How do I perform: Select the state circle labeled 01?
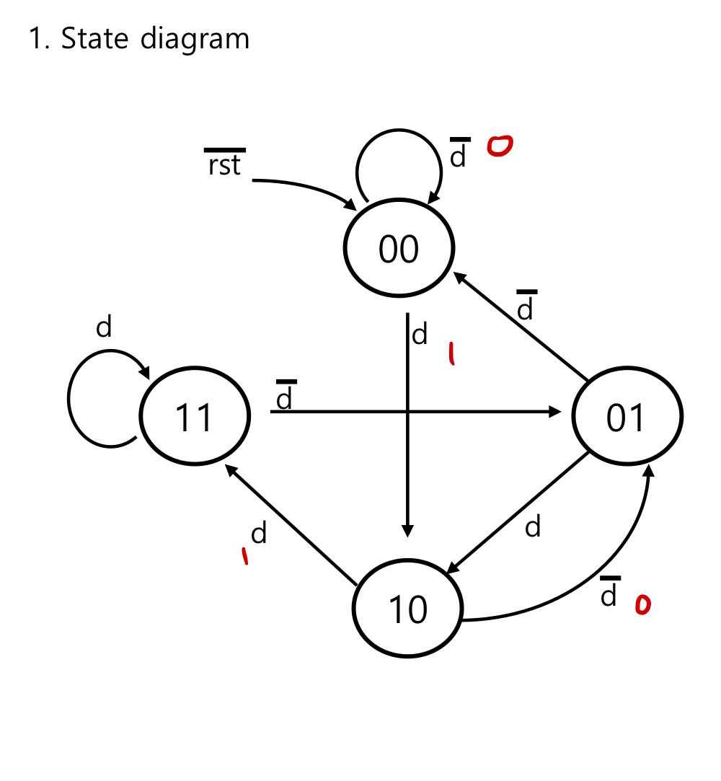coord(627,416)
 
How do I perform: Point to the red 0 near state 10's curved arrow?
coord(641,606)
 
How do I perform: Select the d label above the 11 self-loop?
coord(105,328)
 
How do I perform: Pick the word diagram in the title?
coord(195,40)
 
